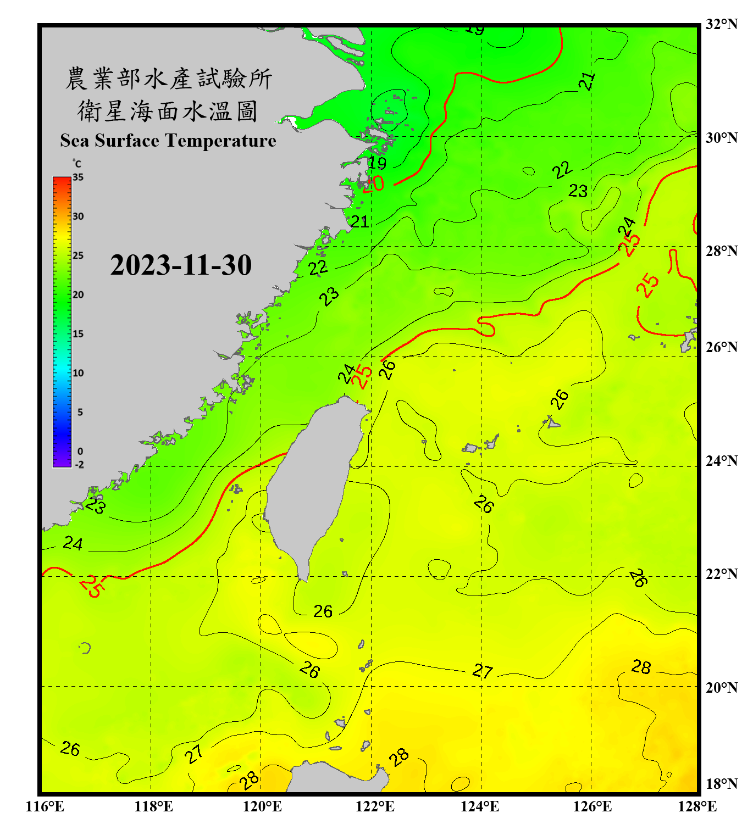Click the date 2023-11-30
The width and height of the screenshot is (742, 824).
pos(181,265)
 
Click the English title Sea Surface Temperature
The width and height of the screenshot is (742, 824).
pos(168,141)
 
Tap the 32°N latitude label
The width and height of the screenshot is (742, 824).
pos(722,24)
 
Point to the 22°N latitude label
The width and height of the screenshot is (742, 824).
pos(722,574)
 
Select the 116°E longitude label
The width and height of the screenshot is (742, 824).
pos(45,806)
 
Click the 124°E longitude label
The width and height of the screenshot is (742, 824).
pos(480,806)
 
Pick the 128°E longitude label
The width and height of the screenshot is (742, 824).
pos(697,806)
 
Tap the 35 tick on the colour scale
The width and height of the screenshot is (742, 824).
pos(78,177)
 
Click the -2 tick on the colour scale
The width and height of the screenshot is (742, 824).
pos(79,464)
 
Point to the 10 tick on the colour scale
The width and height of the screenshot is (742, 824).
pos(78,373)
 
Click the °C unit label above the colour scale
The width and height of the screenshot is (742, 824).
pos(77,164)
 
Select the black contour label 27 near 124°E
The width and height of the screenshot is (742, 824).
pos(483,671)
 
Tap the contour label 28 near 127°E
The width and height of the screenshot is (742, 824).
pos(641,667)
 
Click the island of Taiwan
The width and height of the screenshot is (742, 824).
pos(313,483)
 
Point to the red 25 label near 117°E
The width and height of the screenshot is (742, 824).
pos(91,586)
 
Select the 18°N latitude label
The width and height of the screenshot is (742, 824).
pos(722,784)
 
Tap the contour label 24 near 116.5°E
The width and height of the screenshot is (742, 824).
pos(73,543)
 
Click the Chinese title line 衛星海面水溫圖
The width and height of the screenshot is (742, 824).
pos(168,112)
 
